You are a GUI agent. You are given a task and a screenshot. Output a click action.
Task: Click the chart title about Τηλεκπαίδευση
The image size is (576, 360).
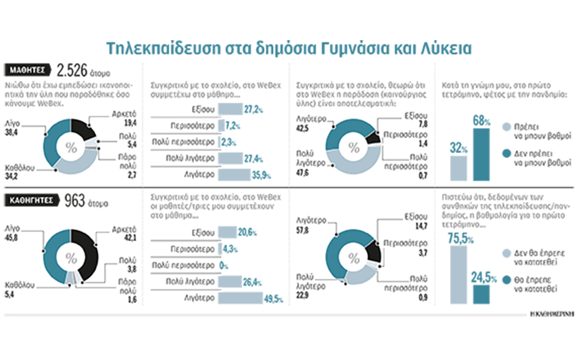pos(289,48)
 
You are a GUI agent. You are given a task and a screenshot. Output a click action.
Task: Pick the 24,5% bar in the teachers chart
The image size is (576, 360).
pos(481,294)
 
